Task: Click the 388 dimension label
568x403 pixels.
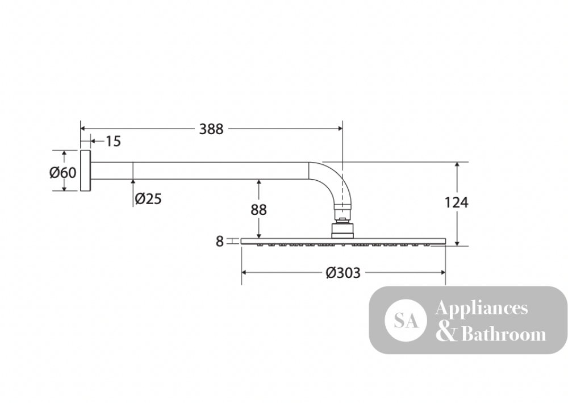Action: click(x=211, y=128)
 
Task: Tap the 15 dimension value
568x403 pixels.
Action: click(x=113, y=142)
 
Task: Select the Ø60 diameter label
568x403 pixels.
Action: click(x=63, y=172)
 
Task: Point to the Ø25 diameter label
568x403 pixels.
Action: click(x=148, y=198)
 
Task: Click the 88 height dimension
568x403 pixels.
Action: click(x=258, y=210)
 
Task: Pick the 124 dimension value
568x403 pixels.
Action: click(x=457, y=202)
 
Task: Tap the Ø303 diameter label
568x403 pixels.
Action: click(x=343, y=272)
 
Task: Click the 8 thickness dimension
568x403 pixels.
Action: click(x=219, y=242)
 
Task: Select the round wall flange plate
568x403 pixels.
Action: click(x=85, y=171)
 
